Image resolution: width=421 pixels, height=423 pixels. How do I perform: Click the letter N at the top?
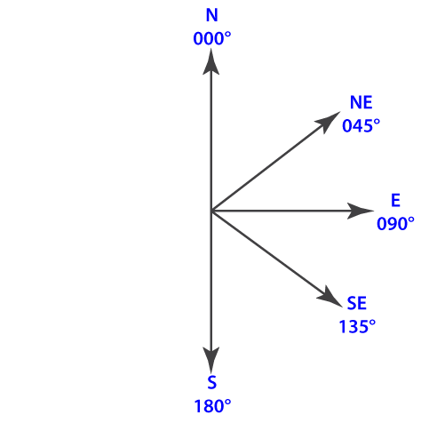[x=212, y=15]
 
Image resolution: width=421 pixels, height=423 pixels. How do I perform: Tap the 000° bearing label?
[x=212, y=39]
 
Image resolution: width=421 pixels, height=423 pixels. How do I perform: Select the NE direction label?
[x=361, y=102]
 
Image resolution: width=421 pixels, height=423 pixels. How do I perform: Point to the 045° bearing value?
[x=361, y=125]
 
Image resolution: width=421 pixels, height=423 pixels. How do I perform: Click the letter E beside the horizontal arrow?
[x=396, y=200]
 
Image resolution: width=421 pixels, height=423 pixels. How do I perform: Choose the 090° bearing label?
[x=395, y=224]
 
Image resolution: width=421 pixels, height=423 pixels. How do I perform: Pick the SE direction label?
[x=357, y=303]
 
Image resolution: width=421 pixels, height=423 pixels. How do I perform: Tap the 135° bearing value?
[x=357, y=326]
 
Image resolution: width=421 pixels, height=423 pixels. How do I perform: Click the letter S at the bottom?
[x=212, y=382]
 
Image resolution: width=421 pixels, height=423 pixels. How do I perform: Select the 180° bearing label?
[x=212, y=406]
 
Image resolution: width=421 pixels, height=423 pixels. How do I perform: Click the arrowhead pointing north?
[x=211, y=61]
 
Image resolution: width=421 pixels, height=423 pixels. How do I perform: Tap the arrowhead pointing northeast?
[x=328, y=122]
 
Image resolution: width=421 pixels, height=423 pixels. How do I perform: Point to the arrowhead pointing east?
[x=361, y=211]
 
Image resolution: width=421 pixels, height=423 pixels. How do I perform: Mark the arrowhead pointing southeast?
[x=329, y=297]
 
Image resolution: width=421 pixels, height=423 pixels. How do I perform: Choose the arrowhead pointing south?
[x=211, y=360]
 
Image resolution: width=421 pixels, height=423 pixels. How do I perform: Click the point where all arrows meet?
[x=211, y=211]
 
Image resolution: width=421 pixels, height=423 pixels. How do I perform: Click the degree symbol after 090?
[x=411, y=220]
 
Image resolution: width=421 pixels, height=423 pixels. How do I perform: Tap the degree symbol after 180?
[x=227, y=403]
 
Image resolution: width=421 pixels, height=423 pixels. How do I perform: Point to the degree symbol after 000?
[x=227, y=36]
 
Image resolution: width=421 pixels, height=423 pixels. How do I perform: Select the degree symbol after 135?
[x=372, y=323]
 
